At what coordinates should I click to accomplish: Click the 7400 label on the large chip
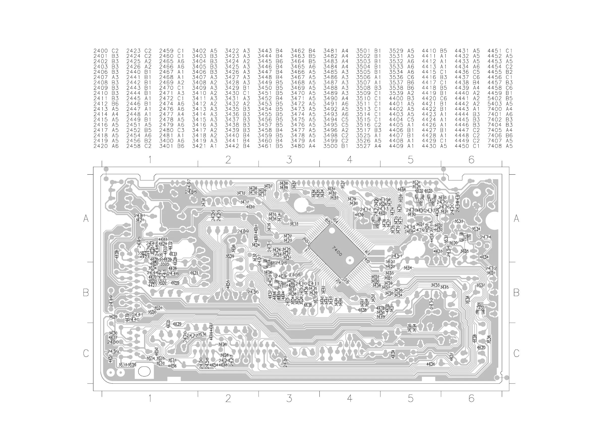337,251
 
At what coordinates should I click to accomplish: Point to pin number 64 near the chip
335,222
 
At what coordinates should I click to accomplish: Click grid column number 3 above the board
289,160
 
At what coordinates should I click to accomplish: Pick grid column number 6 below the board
471,398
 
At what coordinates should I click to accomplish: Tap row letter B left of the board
86,293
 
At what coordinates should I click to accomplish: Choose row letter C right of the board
516,353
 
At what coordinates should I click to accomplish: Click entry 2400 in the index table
100,51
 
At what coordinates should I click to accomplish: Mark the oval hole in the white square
144,371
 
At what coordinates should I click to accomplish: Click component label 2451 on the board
397,256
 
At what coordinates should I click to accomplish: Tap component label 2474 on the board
485,237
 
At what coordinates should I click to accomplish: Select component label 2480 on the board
285,361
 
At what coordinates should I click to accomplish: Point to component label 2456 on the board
253,292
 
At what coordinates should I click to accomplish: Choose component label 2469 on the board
243,231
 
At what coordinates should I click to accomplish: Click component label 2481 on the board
140,216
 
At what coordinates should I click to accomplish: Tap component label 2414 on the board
365,209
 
